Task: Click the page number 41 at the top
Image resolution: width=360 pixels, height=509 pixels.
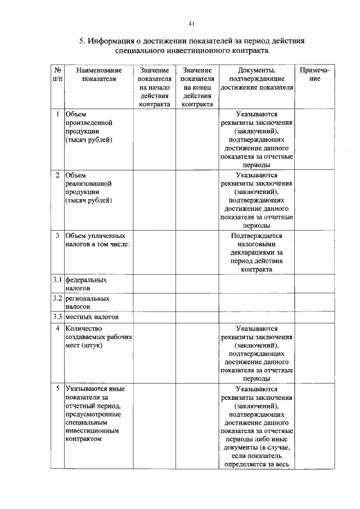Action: click(x=191, y=23)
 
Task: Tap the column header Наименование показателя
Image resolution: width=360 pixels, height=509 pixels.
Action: click(x=98, y=75)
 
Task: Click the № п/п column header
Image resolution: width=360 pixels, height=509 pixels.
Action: click(x=57, y=75)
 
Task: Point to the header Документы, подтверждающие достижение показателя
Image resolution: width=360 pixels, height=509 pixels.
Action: click(x=256, y=79)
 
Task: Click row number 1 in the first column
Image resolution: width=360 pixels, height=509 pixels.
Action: click(x=57, y=114)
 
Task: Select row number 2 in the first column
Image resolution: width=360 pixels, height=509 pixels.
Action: click(x=57, y=175)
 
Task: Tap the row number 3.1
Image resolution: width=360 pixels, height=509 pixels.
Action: click(x=57, y=279)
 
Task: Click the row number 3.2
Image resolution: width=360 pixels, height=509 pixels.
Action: click(x=57, y=298)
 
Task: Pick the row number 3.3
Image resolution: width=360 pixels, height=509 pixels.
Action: click(x=57, y=317)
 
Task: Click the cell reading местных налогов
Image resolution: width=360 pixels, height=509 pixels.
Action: click(x=91, y=317)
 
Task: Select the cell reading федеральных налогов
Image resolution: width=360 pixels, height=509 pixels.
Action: click(x=86, y=283)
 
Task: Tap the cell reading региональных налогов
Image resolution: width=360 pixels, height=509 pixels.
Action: click(x=87, y=303)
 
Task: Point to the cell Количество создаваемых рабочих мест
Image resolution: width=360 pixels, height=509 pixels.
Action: click(x=98, y=336)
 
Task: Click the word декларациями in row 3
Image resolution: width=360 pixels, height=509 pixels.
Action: click(x=256, y=253)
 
